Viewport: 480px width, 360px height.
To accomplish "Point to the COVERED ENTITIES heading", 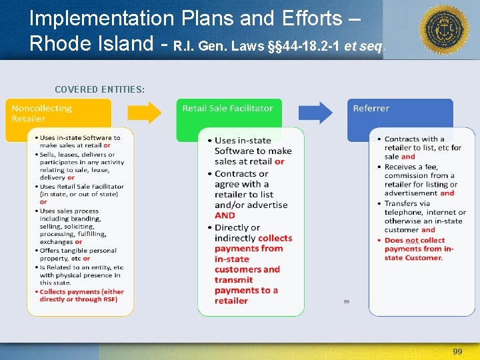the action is pyautogui.click(x=100, y=89).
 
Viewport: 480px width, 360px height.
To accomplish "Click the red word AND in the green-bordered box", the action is pyautogui.click(x=225, y=215).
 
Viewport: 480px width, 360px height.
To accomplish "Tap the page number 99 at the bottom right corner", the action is pyautogui.click(x=457, y=351).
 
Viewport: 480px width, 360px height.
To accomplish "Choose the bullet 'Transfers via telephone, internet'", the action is pyautogui.click(x=423, y=212).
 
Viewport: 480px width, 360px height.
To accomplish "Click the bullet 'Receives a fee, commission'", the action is pyautogui.click(x=420, y=176).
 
